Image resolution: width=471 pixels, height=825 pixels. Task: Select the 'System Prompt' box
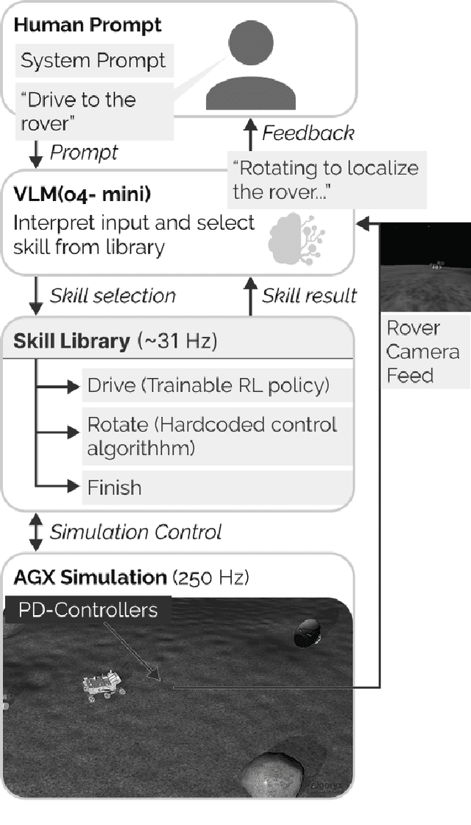[x=93, y=61]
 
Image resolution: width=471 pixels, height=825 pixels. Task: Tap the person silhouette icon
[x=250, y=66]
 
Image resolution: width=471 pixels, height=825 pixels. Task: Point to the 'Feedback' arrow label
[x=308, y=133]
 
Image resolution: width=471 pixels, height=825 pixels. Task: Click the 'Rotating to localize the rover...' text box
[x=325, y=180]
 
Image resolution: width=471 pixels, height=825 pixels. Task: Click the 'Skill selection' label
[x=113, y=296]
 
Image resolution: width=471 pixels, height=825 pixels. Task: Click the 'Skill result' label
[x=309, y=296]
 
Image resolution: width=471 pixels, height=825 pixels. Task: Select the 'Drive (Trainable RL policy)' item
[x=208, y=385]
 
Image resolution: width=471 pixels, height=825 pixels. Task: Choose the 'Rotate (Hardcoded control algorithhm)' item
[x=212, y=437]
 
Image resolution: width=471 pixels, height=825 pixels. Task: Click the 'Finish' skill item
[x=114, y=488]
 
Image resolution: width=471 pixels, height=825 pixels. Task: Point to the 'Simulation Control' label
[x=135, y=532]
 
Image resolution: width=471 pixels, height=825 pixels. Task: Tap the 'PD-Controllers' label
[x=88, y=611]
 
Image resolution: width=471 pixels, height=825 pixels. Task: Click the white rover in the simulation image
[x=102, y=684]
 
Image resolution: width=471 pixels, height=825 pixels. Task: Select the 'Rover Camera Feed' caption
[x=423, y=351]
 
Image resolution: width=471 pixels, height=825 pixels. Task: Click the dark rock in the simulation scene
[x=307, y=632]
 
